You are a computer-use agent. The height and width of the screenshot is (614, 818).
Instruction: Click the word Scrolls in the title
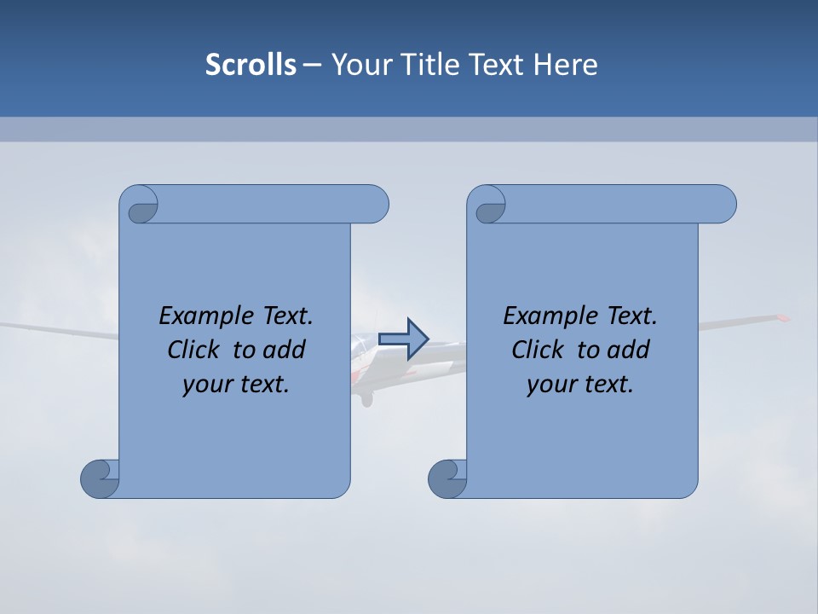coord(251,65)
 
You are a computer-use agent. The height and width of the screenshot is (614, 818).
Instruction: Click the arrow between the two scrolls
coord(403,339)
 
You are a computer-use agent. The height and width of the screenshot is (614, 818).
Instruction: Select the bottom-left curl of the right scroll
coord(447,478)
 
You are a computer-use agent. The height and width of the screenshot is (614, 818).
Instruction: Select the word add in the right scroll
coord(630,350)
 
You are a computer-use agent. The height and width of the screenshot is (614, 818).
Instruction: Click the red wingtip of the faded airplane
coord(781,318)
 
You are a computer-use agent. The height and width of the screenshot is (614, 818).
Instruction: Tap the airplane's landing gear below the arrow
coord(366,397)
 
